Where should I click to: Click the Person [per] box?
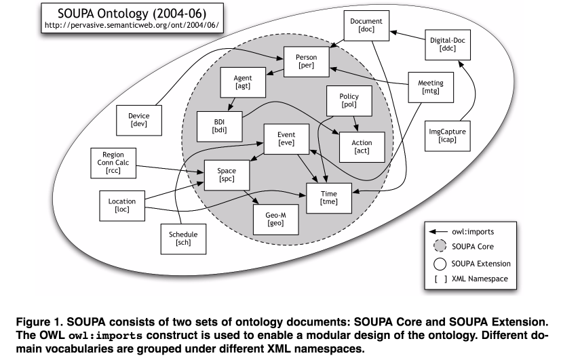pyautogui.click(x=306, y=62)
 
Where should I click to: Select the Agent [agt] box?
pyautogui.click(x=243, y=82)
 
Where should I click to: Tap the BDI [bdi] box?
pyautogui.click(x=219, y=126)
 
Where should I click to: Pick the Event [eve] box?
pyautogui.click(x=286, y=139)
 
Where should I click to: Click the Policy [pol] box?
pyautogui.click(x=349, y=100)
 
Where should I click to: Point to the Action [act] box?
pyautogui.click(x=362, y=147)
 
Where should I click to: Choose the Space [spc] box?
pyautogui.click(x=227, y=175)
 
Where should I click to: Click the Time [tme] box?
pyautogui.click(x=329, y=198)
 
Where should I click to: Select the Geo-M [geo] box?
pyautogui.click(x=276, y=220)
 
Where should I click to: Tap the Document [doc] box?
pyautogui.click(x=366, y=25)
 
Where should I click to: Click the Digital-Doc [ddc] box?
pyautogui.click(x=448, y=45)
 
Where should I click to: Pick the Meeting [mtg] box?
pyautogui.click(x=431, y=87)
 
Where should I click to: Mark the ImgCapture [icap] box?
pyautogui.click(x=448, y=136)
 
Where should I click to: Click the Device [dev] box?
pyautogui.click(x=139, y=120)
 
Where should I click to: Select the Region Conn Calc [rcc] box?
pyautogui.click(x=113, y=163)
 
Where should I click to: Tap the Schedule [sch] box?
pyautogui.click(x=184, y=239)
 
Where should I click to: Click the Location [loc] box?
pyautogui.click(x=122, y=205)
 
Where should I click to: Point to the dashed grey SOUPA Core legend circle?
pyautogui.click(x=440, y=246)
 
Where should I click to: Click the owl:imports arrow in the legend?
pyautogui.click(x=438, y=232)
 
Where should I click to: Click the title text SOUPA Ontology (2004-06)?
pyautogui.click(x=132, y=14)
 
